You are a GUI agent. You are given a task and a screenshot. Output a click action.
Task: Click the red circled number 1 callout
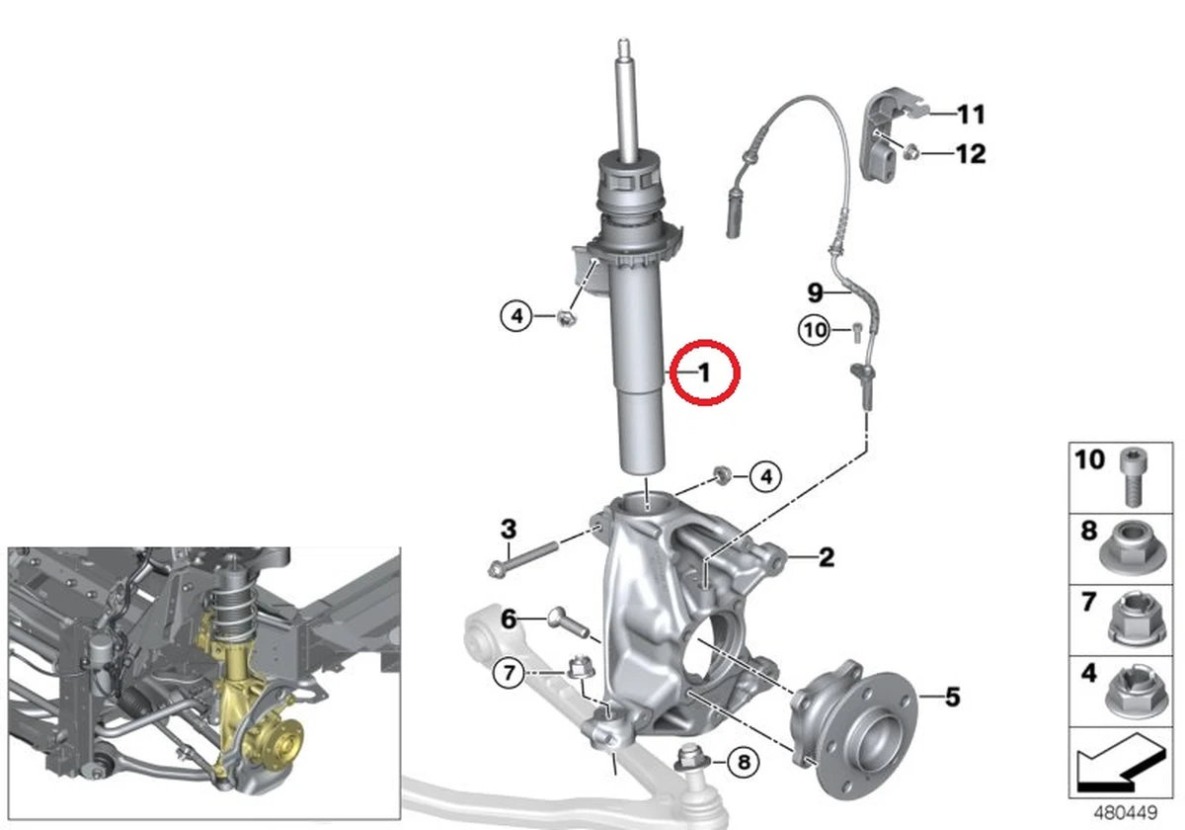pos(704,373)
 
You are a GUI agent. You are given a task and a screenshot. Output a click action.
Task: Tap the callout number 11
pos(970,115)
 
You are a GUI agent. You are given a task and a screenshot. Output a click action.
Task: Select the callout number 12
pos(970,154)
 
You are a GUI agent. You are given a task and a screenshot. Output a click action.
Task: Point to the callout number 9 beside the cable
pos(815,292)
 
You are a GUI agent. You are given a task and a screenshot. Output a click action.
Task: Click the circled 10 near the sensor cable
pos(816,330)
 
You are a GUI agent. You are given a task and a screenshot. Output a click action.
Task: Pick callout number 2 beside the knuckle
pos(826,558)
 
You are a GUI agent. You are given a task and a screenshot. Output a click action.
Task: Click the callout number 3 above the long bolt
pos(508,529)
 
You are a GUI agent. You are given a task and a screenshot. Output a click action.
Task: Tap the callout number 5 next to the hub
pos(951,698)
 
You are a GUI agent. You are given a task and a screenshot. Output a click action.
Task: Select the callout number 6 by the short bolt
pos(509,620)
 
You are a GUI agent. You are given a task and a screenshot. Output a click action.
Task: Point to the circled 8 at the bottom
pos(744,762)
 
